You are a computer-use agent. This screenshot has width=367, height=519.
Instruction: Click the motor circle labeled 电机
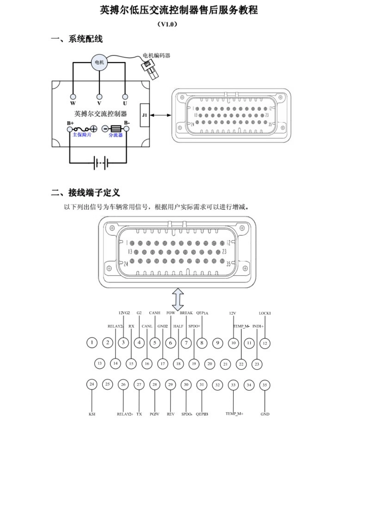(99, 62)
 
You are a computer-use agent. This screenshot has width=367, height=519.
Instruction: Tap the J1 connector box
(144, 115)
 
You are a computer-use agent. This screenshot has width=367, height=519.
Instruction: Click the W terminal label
(73, 103)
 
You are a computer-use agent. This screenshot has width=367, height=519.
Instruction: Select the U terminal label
(125, 103)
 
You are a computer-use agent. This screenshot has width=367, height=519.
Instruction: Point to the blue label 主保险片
(82, 135)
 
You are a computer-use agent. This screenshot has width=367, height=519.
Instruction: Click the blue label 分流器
(115, 135)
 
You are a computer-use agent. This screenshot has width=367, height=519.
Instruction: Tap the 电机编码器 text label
(156, 56)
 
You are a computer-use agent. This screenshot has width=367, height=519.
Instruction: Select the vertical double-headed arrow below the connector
(178, 299)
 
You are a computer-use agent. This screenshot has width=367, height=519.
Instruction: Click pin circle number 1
(92, 343)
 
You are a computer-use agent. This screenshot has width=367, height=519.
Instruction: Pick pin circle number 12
(265, 343)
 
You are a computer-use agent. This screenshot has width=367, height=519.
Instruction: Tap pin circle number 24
(92, 384)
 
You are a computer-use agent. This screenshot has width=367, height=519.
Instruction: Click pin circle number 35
(265, 385)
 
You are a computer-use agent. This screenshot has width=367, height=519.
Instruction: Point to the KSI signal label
(92, 414)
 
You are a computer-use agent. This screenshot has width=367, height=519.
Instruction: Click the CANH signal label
(155, 313)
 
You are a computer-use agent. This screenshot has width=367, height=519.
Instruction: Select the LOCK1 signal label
(265, 313)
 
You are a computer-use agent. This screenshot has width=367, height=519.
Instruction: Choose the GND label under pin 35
(265, 414)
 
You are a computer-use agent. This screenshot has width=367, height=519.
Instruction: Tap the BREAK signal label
(186, 313)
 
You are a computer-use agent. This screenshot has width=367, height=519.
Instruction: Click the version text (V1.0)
(167, 24)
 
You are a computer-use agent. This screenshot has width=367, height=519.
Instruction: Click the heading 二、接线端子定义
(85, 192)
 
